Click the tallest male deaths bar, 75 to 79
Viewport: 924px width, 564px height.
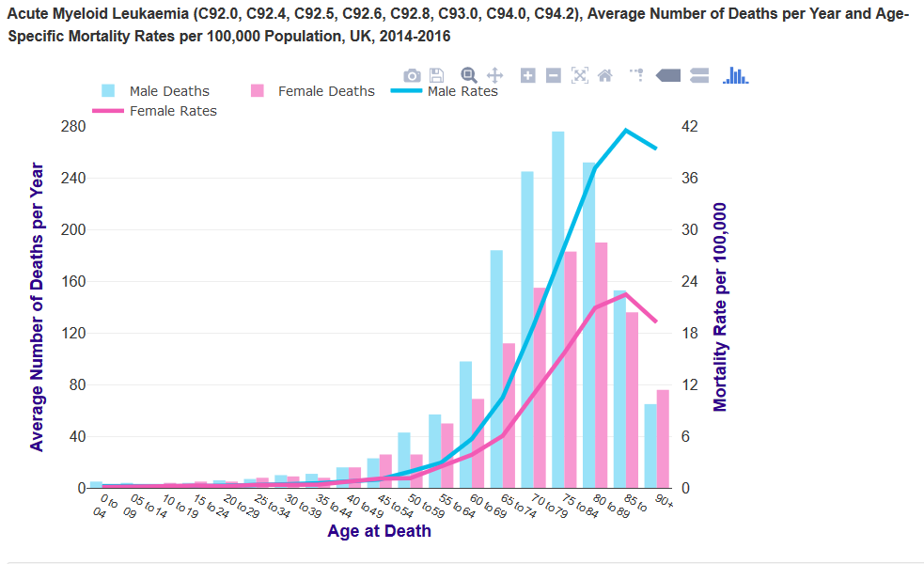tap(557, 310)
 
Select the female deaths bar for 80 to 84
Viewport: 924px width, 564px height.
tap(601, 367)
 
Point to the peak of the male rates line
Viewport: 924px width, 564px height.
tap(625, 130)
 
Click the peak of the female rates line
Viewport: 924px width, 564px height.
tap(625, 294)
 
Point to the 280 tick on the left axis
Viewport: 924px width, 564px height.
tap(72, 127)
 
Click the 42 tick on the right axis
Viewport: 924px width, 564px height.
tap(690, 127)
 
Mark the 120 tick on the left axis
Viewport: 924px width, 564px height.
tap(72, 334)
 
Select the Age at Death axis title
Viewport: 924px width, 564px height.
tap(380, 531)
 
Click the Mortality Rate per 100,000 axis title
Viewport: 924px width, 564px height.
tap(721, 307)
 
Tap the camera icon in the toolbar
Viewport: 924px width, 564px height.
tap(412, 75)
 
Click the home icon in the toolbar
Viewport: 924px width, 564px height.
tap(605, 75)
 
